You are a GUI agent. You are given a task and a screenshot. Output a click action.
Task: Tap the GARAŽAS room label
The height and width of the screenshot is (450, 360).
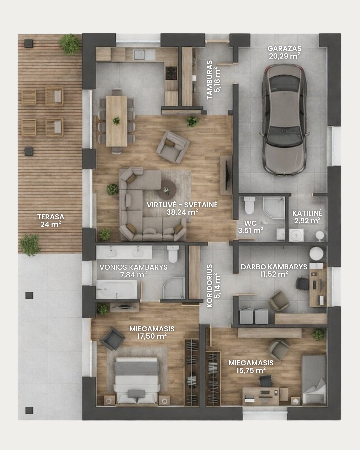(x=284, y=49)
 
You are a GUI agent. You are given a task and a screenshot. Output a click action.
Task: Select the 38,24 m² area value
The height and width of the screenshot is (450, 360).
(x=182, y=212)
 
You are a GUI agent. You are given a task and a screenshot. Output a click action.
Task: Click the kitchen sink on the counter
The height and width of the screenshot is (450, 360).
(x=139, y=55)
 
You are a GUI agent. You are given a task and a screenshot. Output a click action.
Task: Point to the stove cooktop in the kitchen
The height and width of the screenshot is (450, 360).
(x=171, y=73)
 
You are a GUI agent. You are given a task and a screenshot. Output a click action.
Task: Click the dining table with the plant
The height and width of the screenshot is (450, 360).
(x=117, y=121)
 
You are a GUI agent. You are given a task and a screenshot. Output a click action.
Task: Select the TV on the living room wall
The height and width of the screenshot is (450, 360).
(x=227, y=175)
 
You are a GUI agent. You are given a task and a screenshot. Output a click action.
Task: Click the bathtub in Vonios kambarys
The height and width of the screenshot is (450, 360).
(x=117, y=290)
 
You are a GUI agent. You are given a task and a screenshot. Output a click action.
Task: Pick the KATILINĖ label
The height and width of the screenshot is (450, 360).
(x=307, y=213)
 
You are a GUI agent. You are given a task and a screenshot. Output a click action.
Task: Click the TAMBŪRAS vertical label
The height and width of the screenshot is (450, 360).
(x=209, y=80)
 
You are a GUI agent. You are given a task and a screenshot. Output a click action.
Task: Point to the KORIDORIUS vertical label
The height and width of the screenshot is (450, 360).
(x=209, y=286)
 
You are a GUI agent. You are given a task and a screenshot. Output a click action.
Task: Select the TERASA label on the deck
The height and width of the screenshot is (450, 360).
(x=51, y=217)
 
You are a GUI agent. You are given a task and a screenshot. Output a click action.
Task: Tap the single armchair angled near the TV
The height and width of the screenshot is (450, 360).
(x=173, y=147)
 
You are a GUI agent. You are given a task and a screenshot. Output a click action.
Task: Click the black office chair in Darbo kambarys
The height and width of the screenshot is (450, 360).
(x=302, y=284)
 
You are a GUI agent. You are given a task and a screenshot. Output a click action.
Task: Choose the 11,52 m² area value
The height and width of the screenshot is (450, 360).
(x=274, y=274)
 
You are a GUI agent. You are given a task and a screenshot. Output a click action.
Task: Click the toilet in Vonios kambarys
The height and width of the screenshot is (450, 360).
(x=173, y=254)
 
